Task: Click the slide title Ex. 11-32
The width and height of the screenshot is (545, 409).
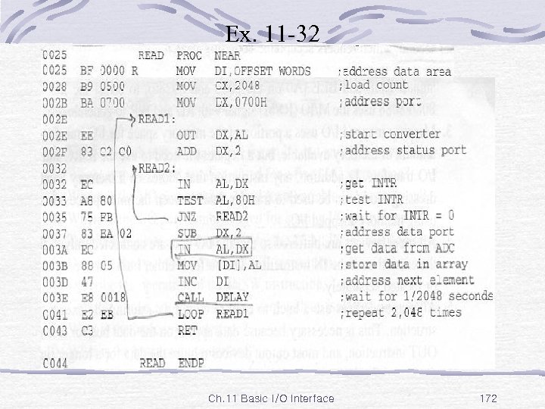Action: [x=272, y=33]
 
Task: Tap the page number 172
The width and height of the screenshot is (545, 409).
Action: [x=488, y=398]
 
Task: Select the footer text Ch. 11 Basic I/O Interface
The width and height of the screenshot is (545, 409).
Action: [x=270, y=398]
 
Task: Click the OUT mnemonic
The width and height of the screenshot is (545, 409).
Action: [x=186, y=135]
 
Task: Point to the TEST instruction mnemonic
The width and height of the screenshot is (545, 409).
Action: [x=189, y=201]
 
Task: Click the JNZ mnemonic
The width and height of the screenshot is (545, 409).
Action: [x=186, y=216]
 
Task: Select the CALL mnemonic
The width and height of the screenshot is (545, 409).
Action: [x=189, y=297]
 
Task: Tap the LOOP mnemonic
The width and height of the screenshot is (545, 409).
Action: [x=189, y=313]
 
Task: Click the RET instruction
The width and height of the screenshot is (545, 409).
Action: [x=186, y=329]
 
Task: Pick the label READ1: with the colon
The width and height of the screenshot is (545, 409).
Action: [x=157, y=119]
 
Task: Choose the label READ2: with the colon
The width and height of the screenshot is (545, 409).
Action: [x=158, y=167]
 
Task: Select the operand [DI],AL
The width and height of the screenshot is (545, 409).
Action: [x=238, y=264]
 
